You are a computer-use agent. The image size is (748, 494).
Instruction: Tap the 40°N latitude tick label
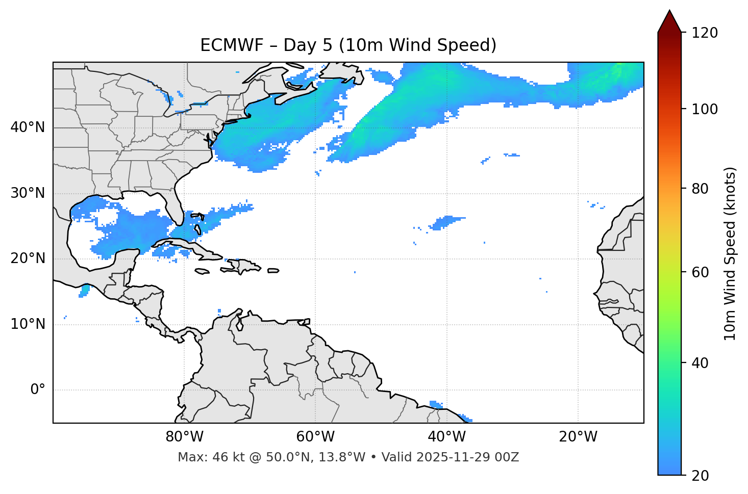28,127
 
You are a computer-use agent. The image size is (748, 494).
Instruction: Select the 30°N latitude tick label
28,193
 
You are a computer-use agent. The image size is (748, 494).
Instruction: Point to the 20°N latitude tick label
28,258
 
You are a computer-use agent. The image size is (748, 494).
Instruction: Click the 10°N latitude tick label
28,324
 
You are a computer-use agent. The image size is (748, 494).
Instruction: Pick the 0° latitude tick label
38,390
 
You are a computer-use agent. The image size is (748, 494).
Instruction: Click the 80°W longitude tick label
184,437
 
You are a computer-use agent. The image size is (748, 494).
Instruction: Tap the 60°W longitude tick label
315,437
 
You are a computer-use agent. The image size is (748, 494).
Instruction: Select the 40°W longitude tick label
446,437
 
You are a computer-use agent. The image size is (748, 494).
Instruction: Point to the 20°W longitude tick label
578,437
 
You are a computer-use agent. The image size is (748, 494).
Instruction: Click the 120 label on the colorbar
704,33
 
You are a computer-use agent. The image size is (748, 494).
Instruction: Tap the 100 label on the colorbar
704,109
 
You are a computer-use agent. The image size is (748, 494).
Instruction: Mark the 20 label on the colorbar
701,476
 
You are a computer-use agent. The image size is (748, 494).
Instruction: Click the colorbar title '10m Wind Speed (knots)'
730,253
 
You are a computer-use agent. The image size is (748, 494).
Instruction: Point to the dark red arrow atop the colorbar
669,22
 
